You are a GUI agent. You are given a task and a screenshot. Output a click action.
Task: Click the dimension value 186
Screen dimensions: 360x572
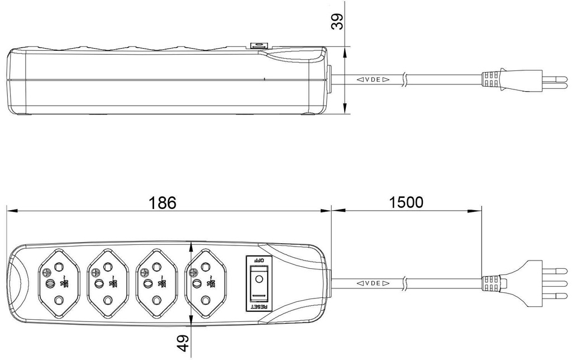click(x=163, y=202)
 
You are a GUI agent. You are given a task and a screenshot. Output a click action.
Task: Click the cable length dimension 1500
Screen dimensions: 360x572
click(x=406, y=202)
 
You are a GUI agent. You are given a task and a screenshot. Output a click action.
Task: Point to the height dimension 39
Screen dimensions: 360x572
click(x=337, y=21)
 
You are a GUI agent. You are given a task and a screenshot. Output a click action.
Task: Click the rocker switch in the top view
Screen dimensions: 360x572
click(x=258, y=283)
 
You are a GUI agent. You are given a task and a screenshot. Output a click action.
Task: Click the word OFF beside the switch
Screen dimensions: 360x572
click(x=258, y=260)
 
